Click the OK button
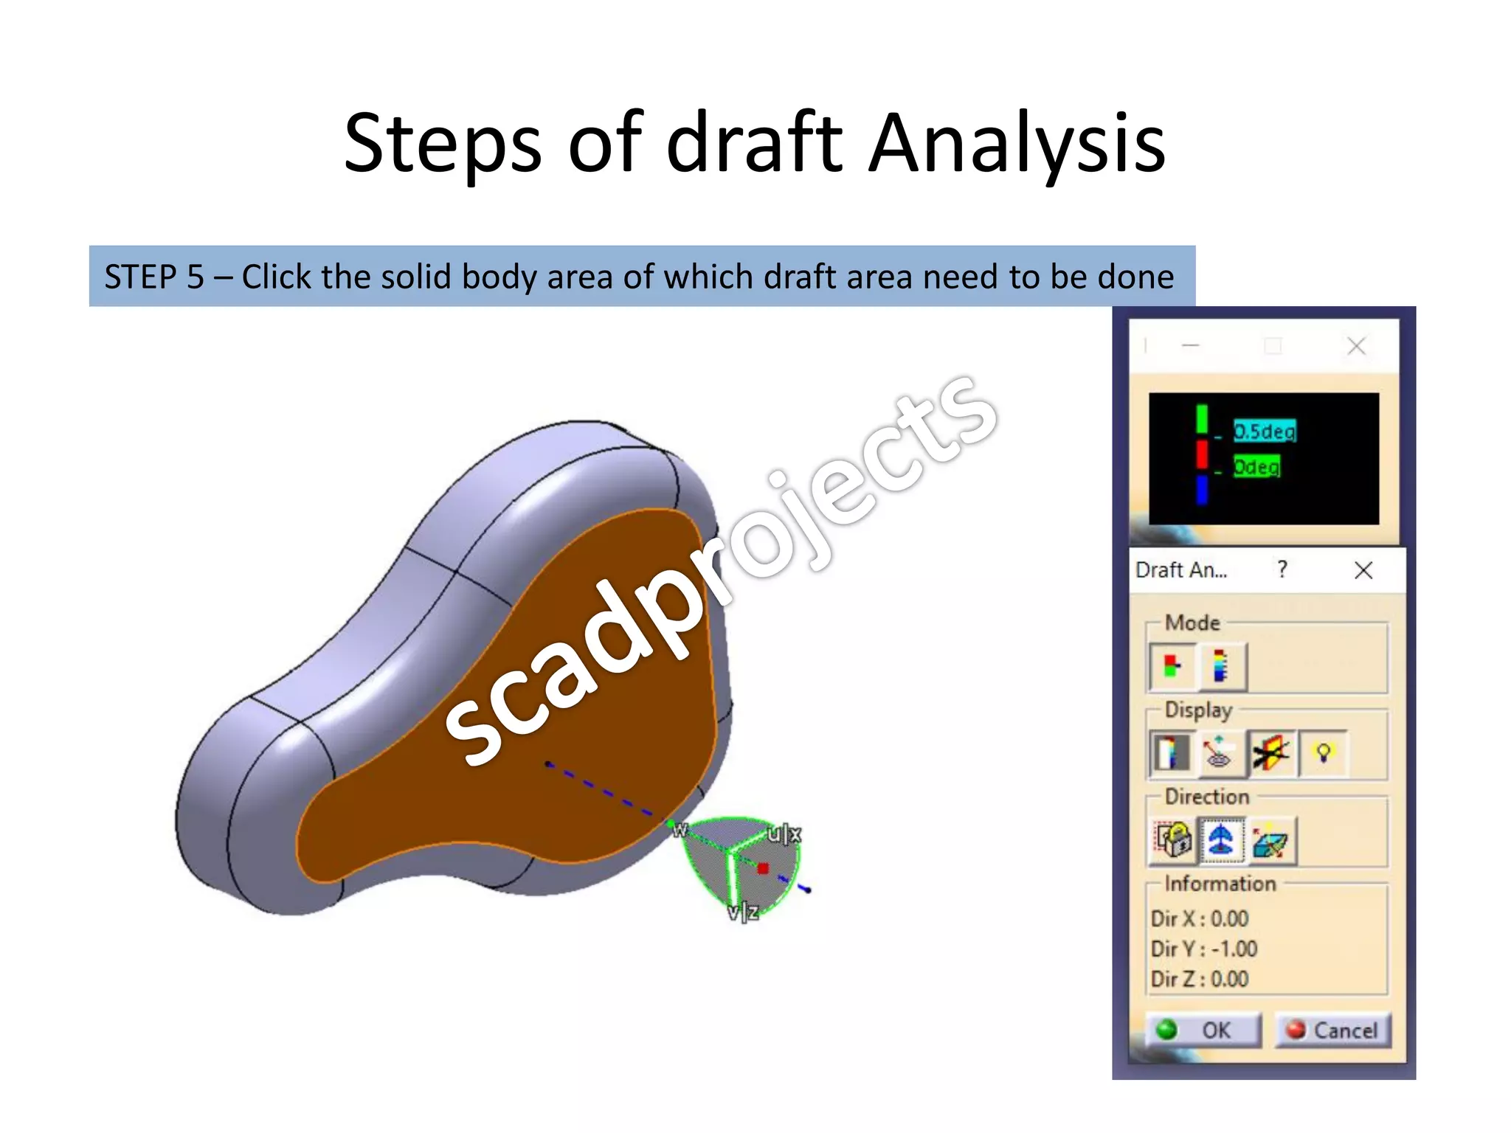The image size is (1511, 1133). tap(1203, 1030)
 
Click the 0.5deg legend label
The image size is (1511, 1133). tap(1265, 431)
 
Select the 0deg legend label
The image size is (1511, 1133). tap(1256, 467)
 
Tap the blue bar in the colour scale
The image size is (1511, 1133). tap(1202, 491)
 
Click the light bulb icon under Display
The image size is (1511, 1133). tap(1324, 753)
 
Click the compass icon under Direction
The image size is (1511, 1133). tap(1221, 839)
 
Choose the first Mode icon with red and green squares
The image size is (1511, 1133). tap(1172, 666)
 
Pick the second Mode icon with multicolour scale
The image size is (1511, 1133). tap(1221, 666)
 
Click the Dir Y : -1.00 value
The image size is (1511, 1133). tap(1204, 949)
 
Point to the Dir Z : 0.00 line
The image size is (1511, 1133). tap(1200, 979)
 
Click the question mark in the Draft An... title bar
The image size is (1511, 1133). tap(1282, 569)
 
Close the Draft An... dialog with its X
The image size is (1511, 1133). tap(1363, 569)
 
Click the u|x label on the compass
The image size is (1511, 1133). tap(784, 834)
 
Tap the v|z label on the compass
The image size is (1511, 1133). tap(742, 912)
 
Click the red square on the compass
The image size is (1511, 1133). tap(763, 868)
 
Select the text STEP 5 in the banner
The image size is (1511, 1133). tap(153, 277)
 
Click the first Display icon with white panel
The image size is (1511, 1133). tap(1171, 753)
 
